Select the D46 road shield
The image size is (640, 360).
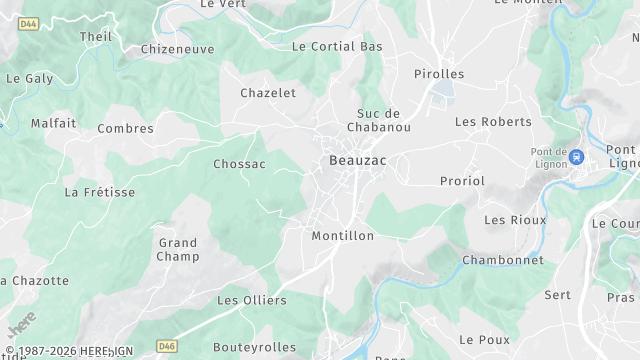167,346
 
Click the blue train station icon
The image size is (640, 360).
576,157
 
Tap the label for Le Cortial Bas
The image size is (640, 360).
337,47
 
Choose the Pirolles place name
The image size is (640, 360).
439,74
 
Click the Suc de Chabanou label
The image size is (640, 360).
379,120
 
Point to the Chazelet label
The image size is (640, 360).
268,93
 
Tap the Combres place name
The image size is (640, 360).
125,129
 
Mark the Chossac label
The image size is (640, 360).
239,164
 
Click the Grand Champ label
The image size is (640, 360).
178,250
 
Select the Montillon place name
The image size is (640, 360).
342,236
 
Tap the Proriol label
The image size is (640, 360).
462,181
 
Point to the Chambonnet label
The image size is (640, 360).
503,260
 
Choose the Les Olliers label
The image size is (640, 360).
252,300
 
